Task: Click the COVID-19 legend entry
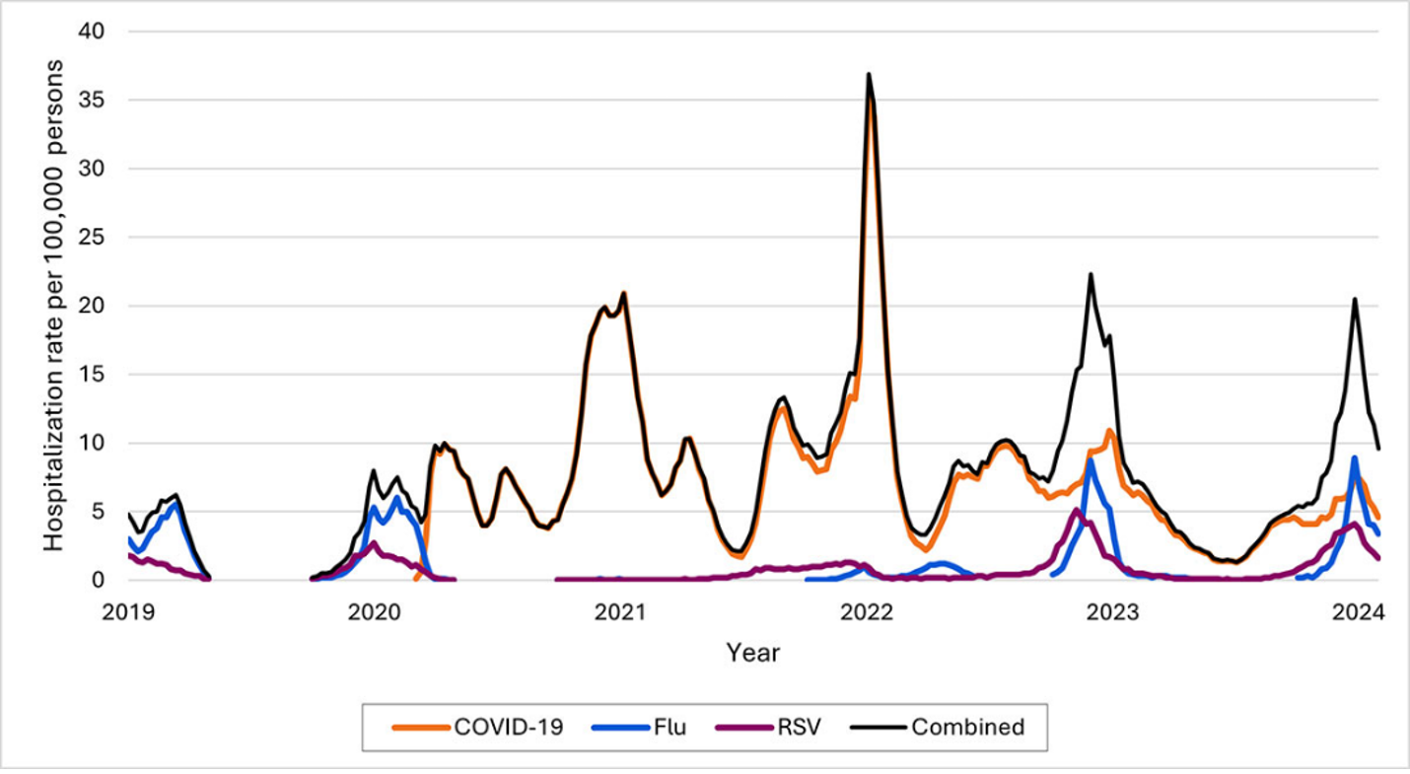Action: coord(479,728)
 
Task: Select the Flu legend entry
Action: coord(639,728)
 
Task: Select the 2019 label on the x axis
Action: coord(128,610)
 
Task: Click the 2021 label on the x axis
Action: coord(620,610)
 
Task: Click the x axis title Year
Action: coord(752,652)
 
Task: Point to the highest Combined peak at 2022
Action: coord(869,74)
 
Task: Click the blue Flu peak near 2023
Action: coord(1091,460)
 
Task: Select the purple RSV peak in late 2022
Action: coord(1076,510)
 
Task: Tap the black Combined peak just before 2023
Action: coord(1091,275)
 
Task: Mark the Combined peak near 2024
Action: coord(1355,299)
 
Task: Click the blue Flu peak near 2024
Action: coord(1355,457)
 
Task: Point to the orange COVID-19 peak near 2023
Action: coord(1110,431)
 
